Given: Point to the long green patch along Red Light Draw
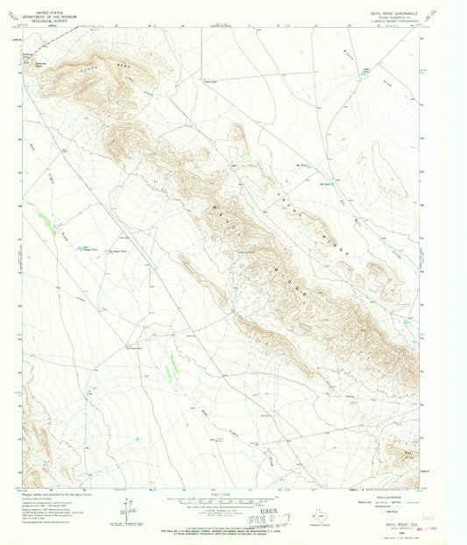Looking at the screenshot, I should coord(42,216).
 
